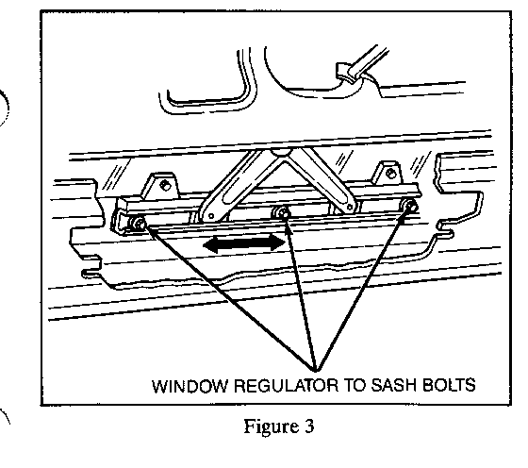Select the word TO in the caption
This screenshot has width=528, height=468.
point(355,386)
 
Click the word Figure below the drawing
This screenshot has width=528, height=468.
point(272,427)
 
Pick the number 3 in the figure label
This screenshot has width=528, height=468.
point(309,426)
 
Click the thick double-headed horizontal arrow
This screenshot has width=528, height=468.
point(244,242)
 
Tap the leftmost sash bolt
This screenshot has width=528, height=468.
point(140,223)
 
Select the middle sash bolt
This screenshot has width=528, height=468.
point(284,212)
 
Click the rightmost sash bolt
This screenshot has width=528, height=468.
point(410,205)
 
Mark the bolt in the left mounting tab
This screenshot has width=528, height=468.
point(165,185)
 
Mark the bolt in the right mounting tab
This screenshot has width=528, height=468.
point(390,174)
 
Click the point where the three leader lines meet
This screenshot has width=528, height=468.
point(315,371)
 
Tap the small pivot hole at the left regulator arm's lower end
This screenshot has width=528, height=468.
point(211,216)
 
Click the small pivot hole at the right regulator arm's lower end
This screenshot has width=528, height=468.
point(351,207)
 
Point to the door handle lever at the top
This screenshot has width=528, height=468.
point(362,65)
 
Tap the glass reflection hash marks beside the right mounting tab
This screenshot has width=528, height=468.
point(421,164)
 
